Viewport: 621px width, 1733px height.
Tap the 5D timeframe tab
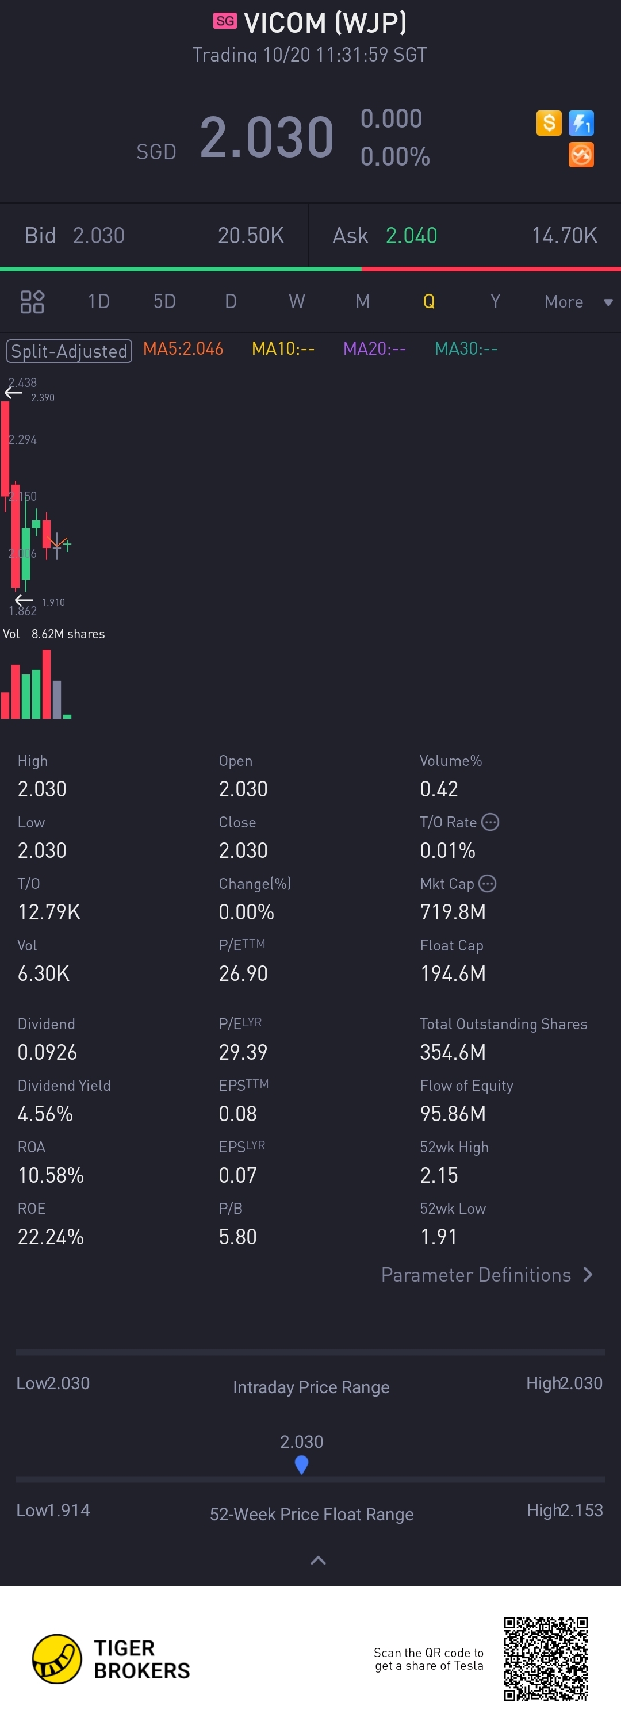[164, 301]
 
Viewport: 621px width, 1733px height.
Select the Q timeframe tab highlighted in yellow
[428, 301]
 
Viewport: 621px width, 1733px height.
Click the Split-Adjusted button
[70, 351]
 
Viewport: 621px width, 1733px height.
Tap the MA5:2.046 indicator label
[183, 348]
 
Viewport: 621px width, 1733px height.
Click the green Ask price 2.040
[411, 236]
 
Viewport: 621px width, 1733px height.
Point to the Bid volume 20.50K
[250, 236]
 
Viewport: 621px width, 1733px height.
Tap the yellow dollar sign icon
[549, 123]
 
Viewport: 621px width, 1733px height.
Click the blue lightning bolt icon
[581, 123]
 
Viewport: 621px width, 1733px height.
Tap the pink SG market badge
[225, 21]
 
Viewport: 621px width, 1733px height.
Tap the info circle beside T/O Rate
[490, 822]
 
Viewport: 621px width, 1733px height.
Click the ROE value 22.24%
[51, 1237]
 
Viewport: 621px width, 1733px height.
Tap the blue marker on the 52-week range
[301, 1463]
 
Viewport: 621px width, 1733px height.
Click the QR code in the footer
[546, 1659]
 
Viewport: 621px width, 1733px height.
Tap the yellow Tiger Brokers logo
[57, 1659]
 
